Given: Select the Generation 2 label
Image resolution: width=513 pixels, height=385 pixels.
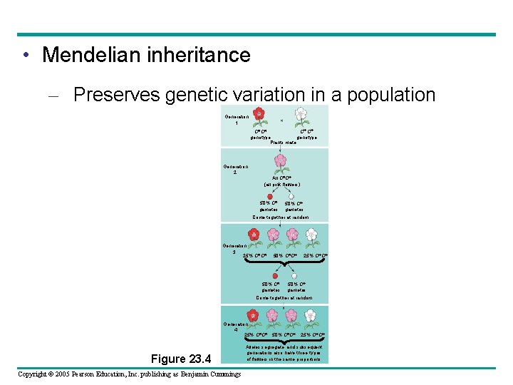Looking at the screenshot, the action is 236,170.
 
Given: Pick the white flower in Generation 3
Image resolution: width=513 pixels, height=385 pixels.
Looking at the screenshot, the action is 313,236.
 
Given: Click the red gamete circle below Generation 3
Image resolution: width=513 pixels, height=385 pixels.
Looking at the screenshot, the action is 275,277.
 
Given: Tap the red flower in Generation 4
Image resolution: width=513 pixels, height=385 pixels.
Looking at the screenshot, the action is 252,315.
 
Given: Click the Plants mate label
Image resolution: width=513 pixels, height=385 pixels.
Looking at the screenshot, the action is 283,143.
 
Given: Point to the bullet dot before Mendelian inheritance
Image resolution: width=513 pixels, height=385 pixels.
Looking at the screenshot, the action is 25,55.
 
